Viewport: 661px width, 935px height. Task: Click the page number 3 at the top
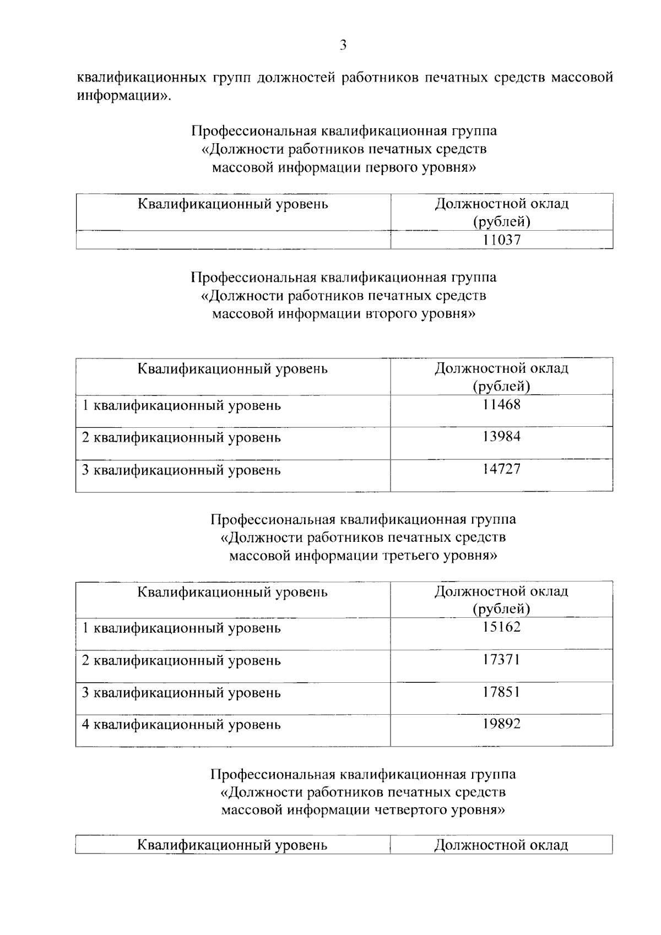coord(343,45)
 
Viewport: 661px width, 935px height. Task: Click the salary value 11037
coord(501,240)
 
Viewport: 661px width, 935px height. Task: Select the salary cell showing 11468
coord(501,405)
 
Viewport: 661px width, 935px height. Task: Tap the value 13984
coord(501,437)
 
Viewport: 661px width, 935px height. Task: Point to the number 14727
coord(501,469)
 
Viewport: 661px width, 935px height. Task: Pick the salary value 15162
coord(501,627)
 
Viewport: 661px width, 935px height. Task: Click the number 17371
coord(501,660)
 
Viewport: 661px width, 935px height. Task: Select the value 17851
coord(501,692)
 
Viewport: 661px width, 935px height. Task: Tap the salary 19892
coord(501,724)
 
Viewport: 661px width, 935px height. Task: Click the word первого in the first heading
coord(394,167)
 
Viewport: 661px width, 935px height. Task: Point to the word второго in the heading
coord(394,314)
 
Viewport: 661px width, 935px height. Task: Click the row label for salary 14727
coord(181,470)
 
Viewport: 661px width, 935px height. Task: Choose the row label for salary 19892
coord(181,725)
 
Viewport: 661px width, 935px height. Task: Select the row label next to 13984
coord(181,438)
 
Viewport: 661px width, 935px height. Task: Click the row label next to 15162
coord(181,628)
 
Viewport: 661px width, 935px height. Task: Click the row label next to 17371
coord(181,660)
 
